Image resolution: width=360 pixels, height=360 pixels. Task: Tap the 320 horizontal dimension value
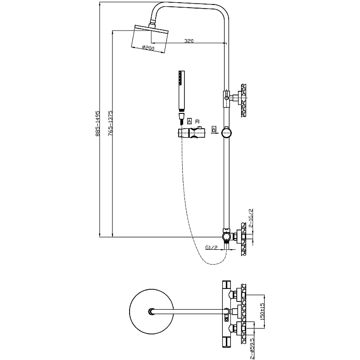point(189,41)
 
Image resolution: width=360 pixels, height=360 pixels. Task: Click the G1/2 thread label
point(211,247)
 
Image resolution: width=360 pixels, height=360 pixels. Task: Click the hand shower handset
point(181,90)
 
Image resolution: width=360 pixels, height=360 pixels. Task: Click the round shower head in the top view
point(149,310)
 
